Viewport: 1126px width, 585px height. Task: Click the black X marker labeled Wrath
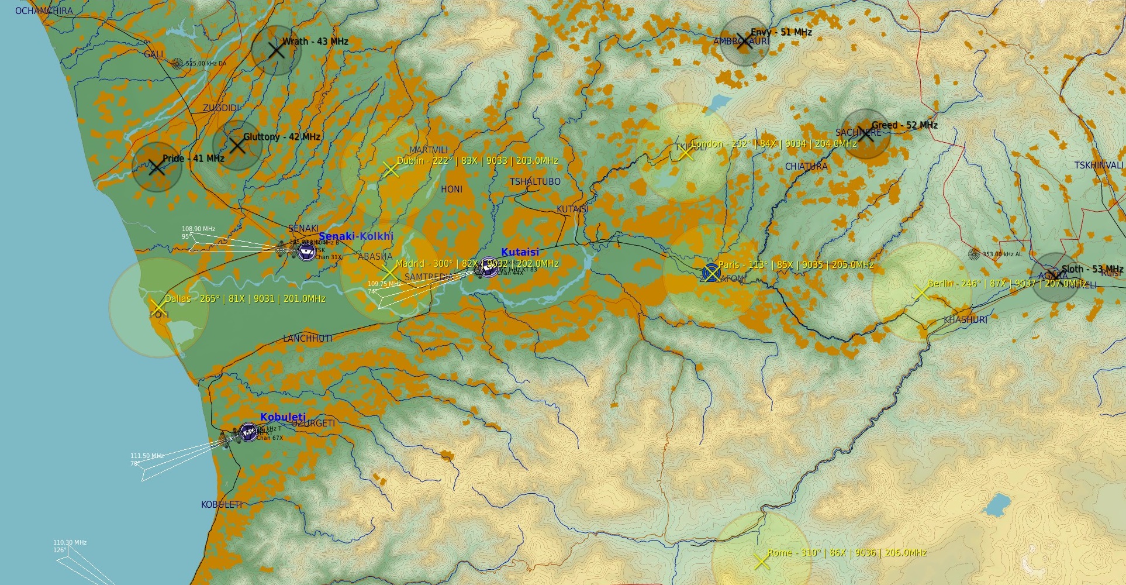(x=276, y=50)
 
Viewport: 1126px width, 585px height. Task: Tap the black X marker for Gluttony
(x=237, y=145)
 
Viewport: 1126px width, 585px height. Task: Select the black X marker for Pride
(x=157, y=167)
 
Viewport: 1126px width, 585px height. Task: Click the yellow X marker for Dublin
(x=391, y=170)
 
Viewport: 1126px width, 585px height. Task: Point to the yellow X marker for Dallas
(x=158, y=307)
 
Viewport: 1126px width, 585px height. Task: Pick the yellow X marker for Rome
(x=761, y=562)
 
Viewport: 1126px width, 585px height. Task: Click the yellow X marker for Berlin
(x=921, y=292)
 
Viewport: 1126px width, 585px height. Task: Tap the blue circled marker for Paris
(x=711, y=273)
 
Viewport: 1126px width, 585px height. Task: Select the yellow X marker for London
(x=686, y=153)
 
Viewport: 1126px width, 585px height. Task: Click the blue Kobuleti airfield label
(x=283, y=417)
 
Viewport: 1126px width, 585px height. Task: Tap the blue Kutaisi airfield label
(x=520, y=252)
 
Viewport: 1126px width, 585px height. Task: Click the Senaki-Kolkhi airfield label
(x=356, y=236)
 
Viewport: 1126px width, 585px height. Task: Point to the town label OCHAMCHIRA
(x=44, y=11)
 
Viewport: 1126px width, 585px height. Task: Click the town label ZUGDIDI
(x=221, y=108)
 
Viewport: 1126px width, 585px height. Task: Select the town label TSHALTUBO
(x=535, y=182)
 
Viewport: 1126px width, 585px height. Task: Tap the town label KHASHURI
(x=965, y=320)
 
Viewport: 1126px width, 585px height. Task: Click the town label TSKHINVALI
(x=1099, y=166)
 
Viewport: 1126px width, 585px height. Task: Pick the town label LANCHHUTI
(x=308, y=338)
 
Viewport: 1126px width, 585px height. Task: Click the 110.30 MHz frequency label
(x=70, y=542)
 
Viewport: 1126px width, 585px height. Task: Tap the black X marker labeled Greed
(x=866, y=134)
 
